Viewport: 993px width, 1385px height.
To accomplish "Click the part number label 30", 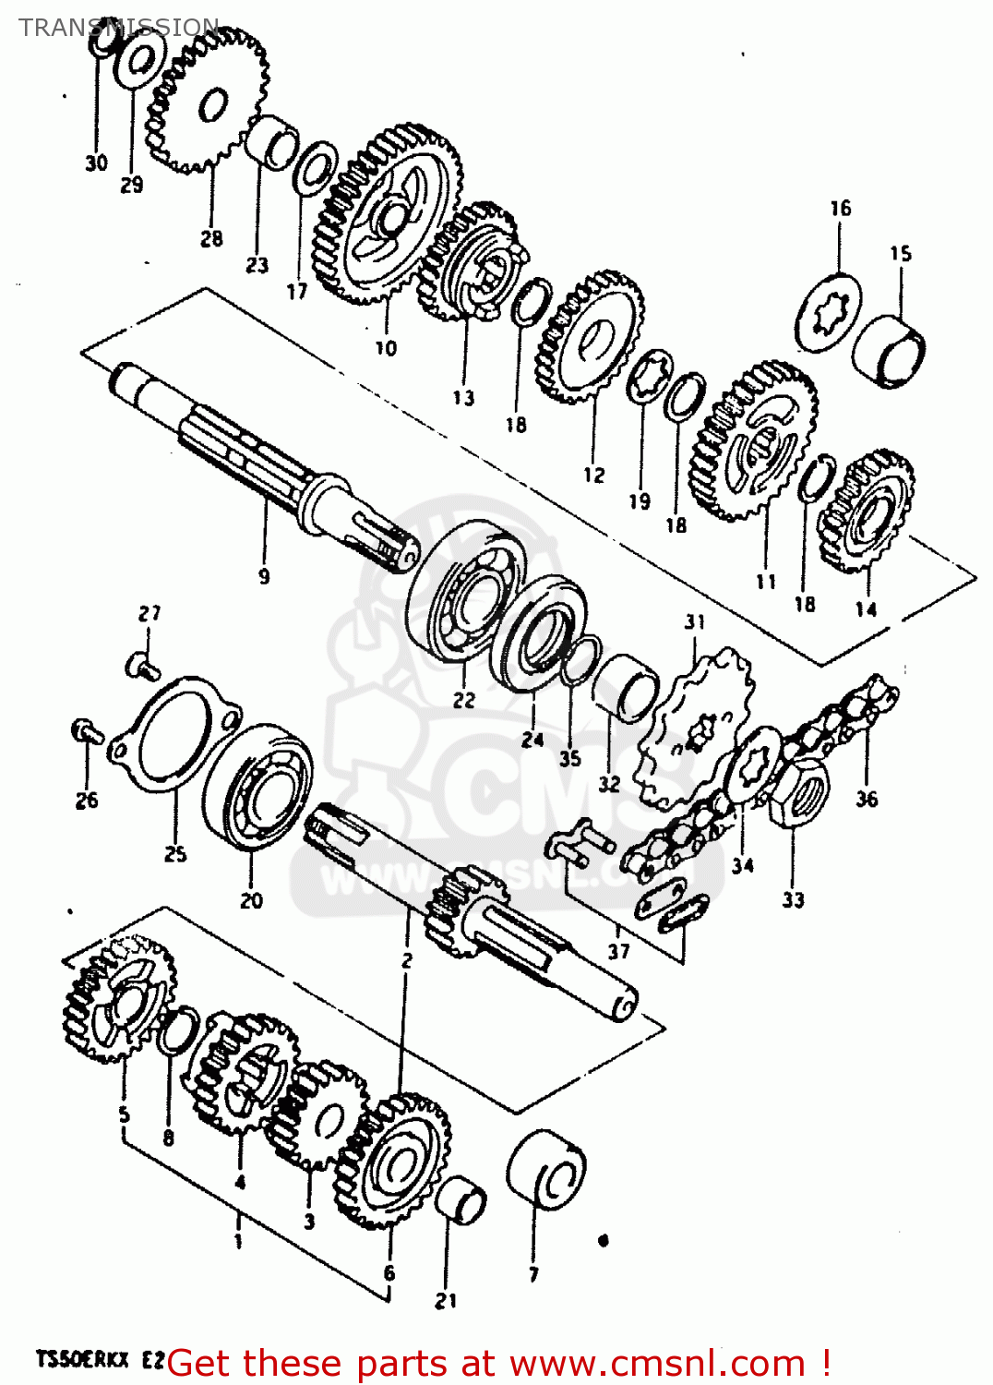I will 96,163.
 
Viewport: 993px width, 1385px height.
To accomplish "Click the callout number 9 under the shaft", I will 264,577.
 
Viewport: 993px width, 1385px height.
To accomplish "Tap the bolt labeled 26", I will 85,731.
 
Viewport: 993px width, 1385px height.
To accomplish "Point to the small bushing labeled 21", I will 460,1200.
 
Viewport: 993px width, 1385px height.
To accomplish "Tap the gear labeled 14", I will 867,512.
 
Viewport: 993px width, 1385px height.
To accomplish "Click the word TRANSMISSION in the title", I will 119,27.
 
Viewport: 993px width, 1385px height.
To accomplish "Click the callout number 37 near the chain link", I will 619,950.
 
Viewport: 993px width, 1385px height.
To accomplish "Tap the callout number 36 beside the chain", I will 867,799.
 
